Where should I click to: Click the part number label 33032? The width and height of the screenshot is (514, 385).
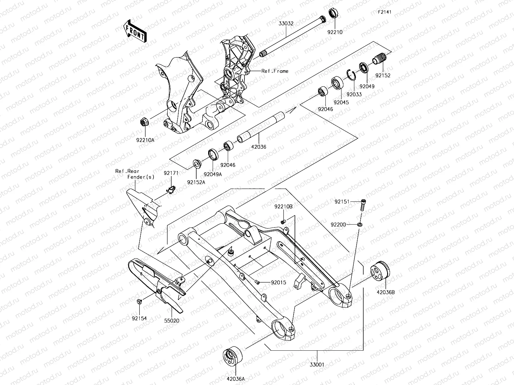286,23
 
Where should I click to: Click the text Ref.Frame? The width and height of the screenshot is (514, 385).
275,71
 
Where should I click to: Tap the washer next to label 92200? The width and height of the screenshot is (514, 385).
359,224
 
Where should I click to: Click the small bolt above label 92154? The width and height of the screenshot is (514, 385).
140,301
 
